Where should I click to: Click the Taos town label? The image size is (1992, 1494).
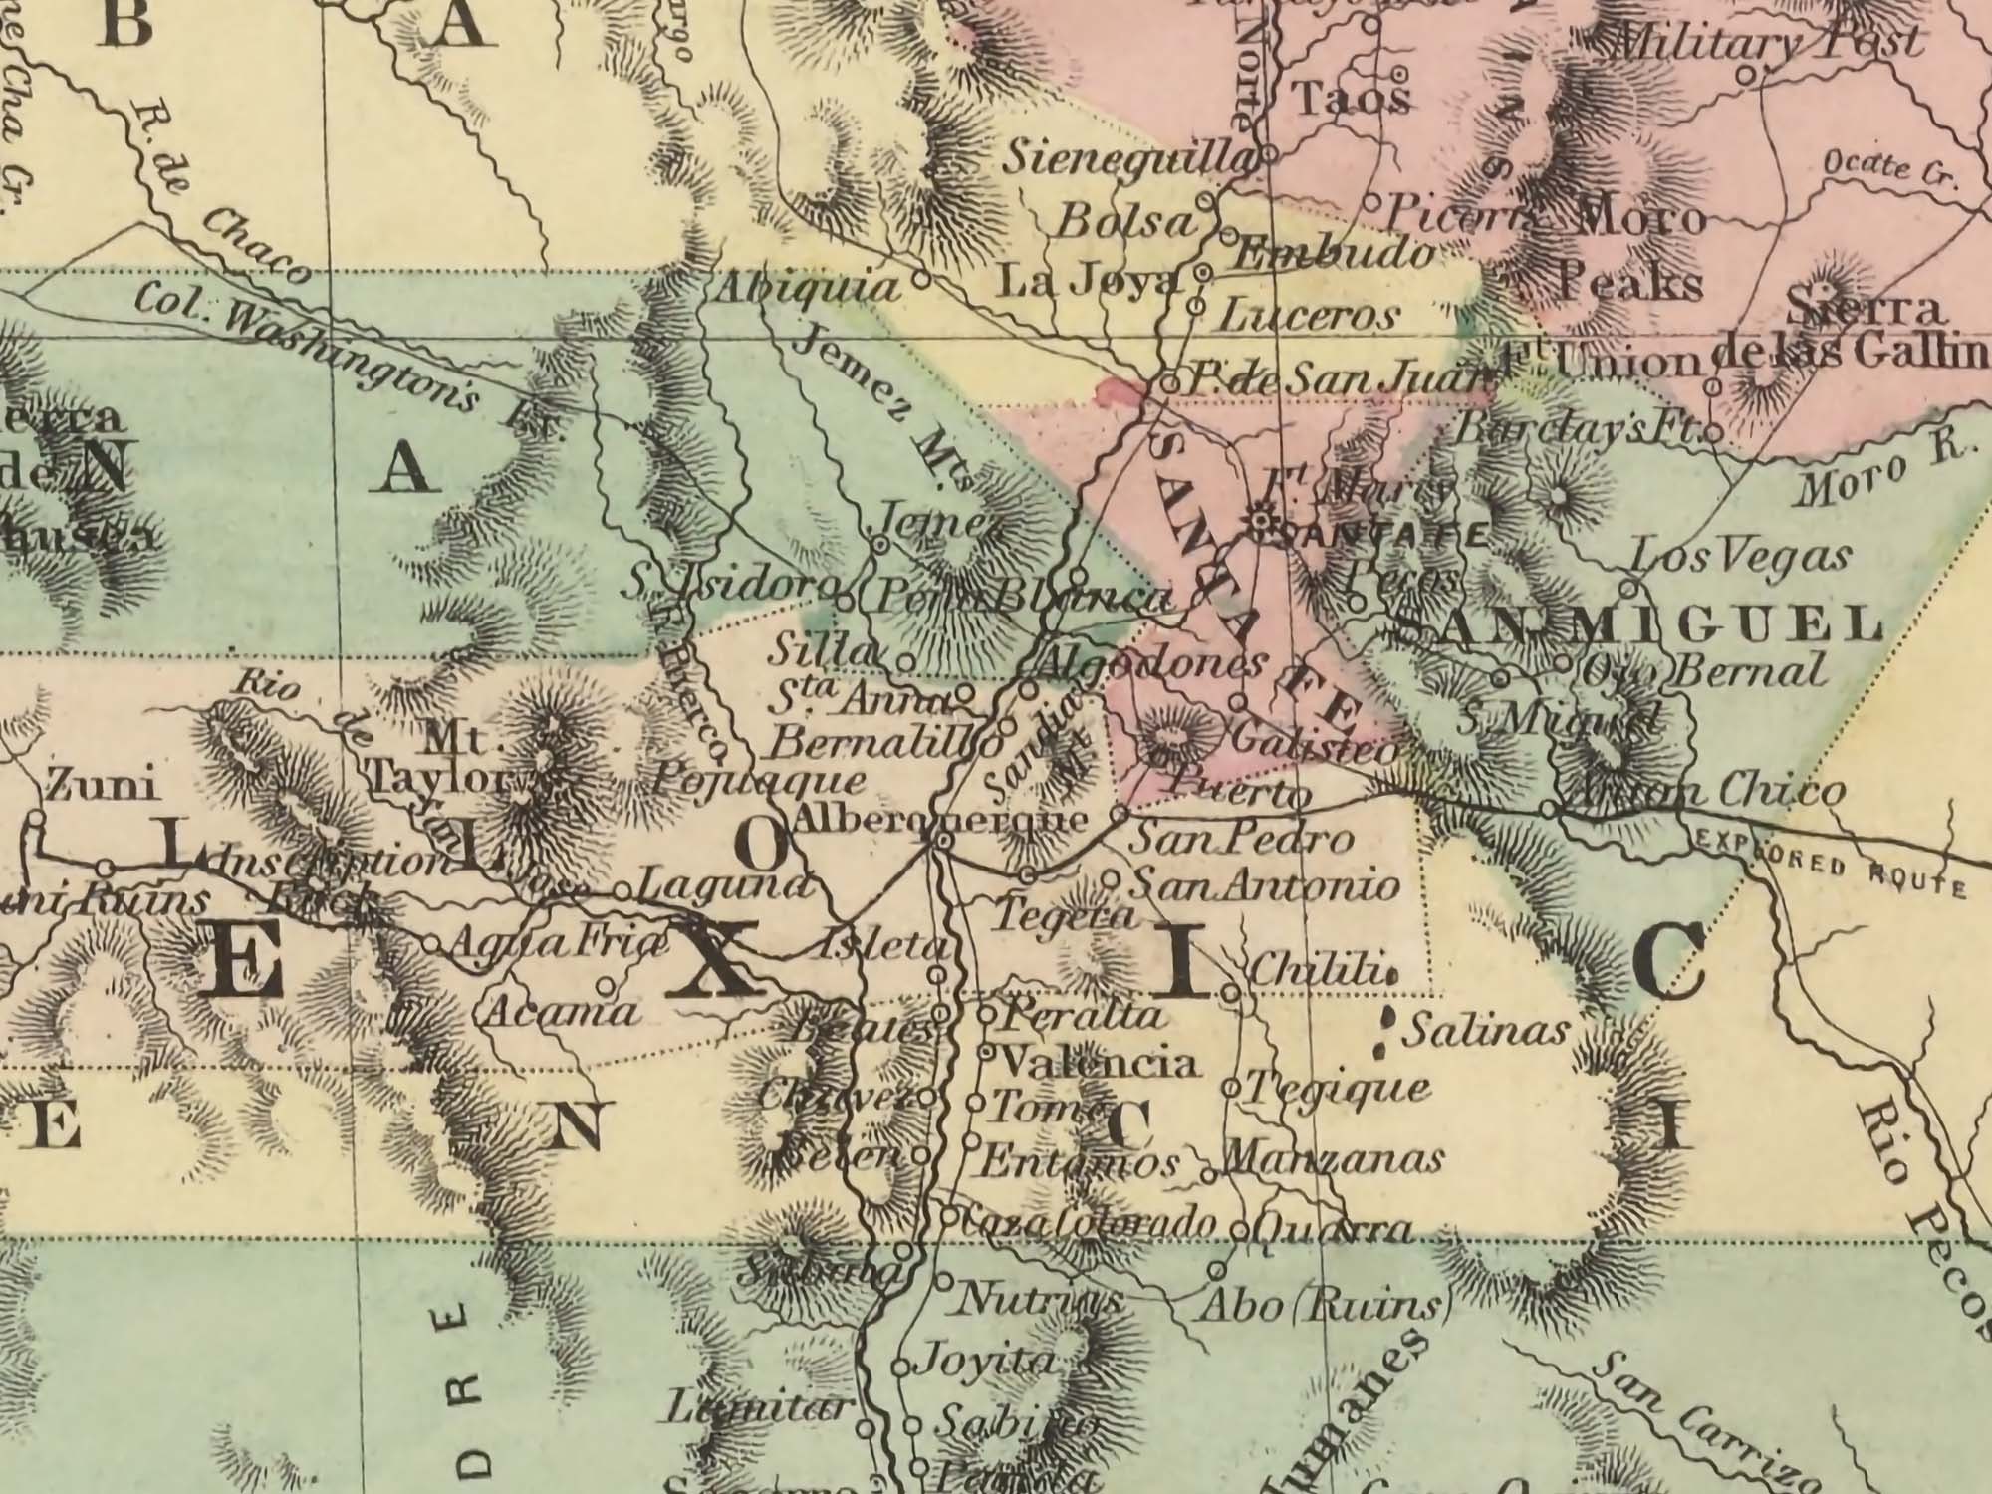pos(1351,99)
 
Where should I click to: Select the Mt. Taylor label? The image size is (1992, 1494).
pos(453,762)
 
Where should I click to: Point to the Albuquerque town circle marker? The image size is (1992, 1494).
pos(943,843)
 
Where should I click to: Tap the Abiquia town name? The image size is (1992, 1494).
pos(808,288)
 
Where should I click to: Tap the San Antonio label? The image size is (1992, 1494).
pos(1266,884)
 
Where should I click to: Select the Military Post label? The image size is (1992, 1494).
pos(1764,42)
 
